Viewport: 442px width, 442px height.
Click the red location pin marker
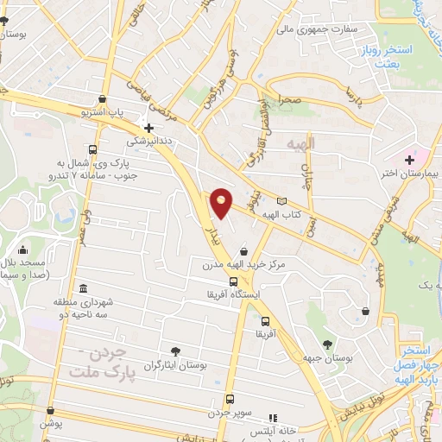pos(221,202)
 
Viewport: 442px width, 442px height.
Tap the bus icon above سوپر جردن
pos(230,399)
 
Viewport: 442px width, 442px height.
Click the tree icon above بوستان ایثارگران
pos(176,351)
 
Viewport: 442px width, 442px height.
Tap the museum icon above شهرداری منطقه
pos(82,287)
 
